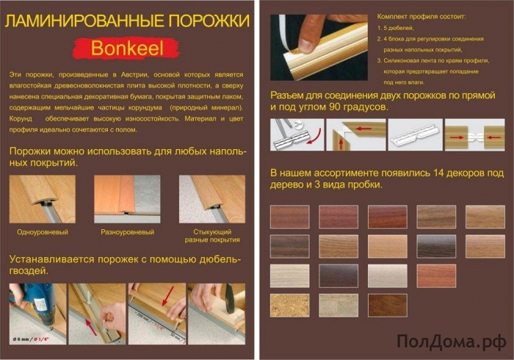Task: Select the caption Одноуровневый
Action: pos(43,232)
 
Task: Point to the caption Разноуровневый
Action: pos(127,232)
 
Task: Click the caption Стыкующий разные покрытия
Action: pos(212,237)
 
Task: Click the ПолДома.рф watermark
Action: pos(450,341)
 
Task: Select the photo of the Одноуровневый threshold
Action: pos(43,199)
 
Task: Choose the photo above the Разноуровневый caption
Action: pos(127,199)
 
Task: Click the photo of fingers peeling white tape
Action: pos(316,45)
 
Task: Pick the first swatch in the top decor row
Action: pos(289,216)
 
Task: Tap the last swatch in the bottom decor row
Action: pos(387,304)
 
